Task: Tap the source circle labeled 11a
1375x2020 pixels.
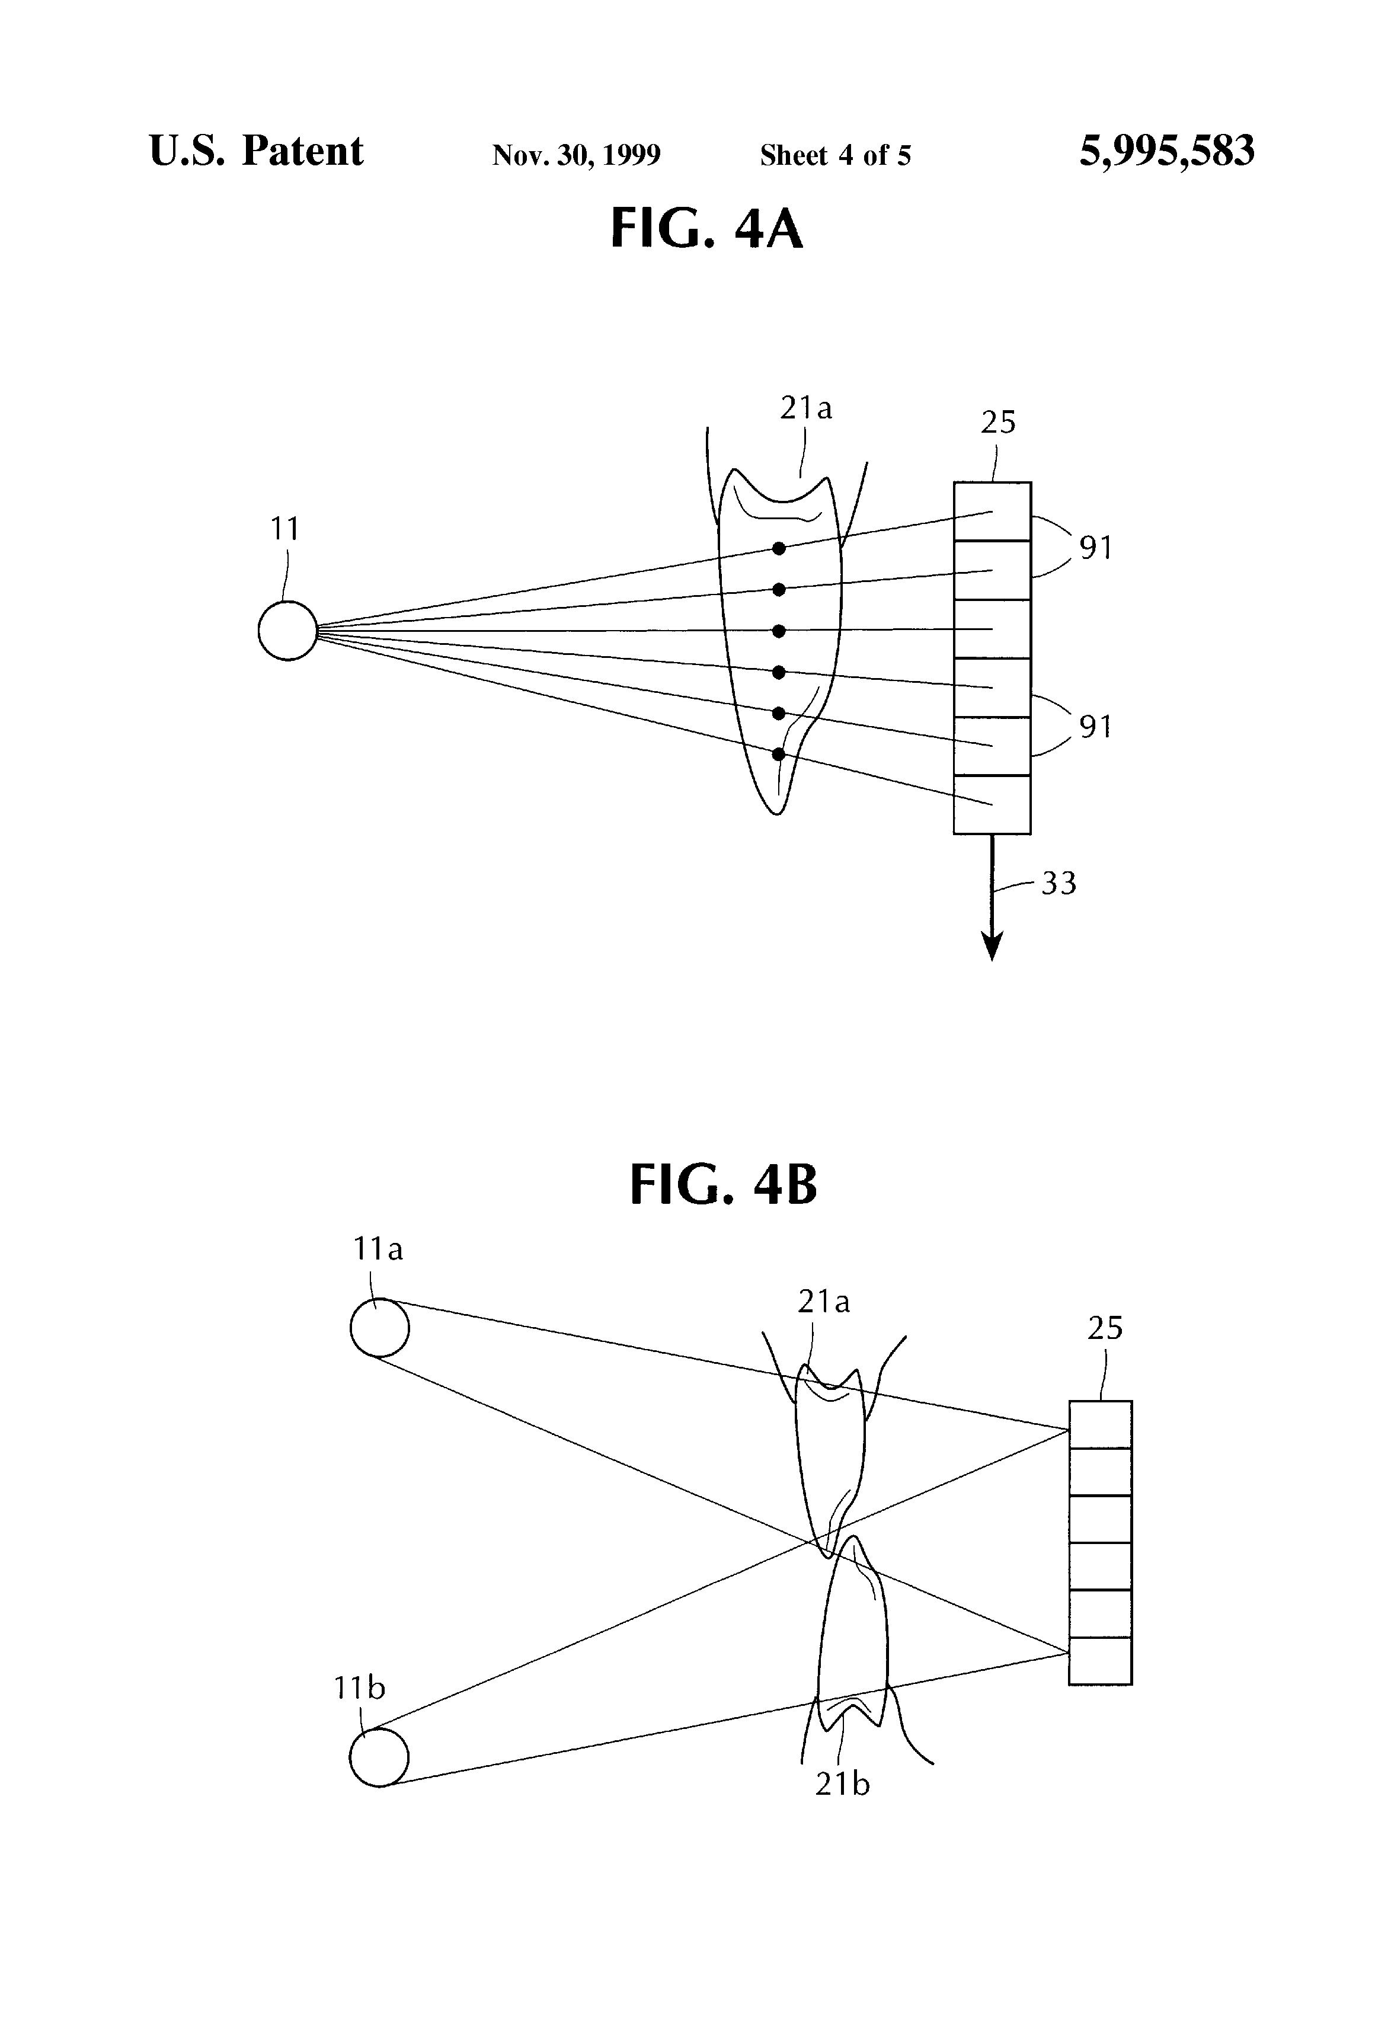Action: click(380, 1327)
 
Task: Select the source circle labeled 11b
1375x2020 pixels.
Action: click(379, 1757)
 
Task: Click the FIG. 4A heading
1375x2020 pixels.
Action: click(706, 229)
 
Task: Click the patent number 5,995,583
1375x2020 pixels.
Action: click(1166, 151)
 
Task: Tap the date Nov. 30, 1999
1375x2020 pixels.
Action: click(576, 155)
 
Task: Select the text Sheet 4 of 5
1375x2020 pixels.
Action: click(835, 155)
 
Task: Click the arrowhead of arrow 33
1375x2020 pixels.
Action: click(992, 947)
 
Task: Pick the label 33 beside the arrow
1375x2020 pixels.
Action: click(1059, 883)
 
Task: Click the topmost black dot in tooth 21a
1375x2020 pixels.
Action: click(779, 548)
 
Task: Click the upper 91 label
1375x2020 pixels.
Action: click(1096, 548)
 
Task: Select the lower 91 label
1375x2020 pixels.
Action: click(1096, 727)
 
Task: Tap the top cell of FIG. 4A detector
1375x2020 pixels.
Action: click(992, 512)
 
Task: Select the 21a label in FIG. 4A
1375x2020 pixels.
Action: click(805, 408)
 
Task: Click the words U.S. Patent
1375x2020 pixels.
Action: click(255, 151)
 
